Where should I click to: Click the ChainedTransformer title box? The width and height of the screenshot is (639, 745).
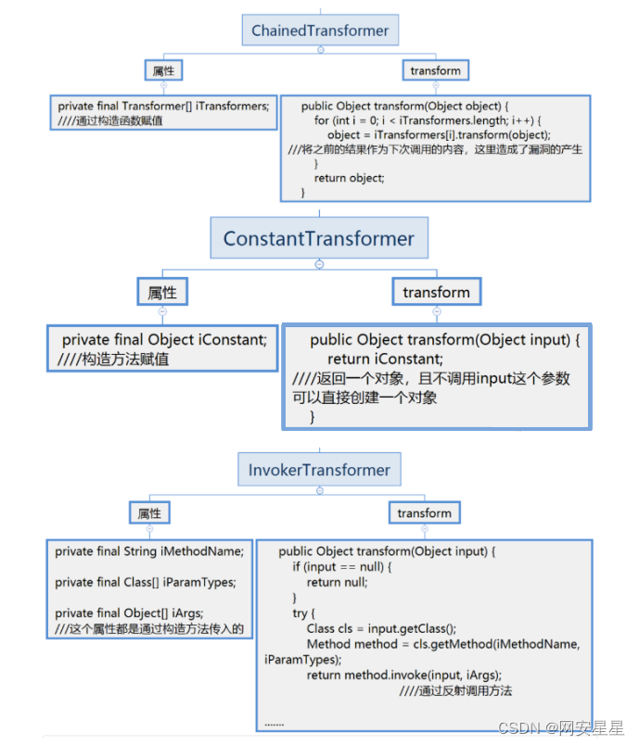320,31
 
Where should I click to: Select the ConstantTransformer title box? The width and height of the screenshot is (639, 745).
318,239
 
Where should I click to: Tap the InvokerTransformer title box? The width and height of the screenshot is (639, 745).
319,470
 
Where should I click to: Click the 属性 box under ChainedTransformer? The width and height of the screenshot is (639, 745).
163,70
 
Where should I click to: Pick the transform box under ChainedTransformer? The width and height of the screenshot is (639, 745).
435,70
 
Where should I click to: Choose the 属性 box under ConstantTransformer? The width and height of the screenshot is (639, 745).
162,293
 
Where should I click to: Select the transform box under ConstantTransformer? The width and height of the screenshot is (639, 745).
436,293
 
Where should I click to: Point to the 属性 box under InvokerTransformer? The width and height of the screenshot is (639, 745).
149,513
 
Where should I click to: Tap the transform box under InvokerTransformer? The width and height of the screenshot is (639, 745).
424,513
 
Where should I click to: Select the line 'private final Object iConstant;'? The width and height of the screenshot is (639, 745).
164,340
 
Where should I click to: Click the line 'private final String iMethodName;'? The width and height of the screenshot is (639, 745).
148,551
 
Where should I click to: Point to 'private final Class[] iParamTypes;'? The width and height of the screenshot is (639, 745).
145,582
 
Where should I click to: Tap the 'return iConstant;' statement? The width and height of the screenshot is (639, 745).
385,360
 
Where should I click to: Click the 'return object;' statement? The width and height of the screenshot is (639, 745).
349,178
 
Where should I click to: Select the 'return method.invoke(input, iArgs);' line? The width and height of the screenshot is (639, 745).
403,675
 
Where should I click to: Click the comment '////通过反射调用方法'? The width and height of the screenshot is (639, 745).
455,690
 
